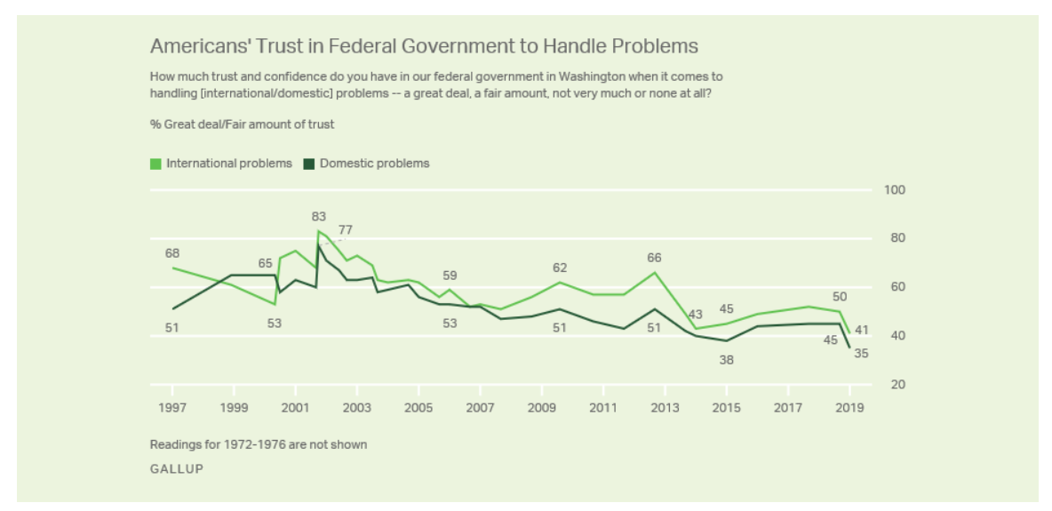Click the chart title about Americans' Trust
(x=424, y=46)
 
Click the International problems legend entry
(x=221, y=164)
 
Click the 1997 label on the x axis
(x=171, y=407)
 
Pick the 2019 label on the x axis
(x=849, y=407)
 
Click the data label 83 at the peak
(x=319, y=216)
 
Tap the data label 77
(x=346, y=230)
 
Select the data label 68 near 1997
(x=172, y=253)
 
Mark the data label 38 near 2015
(x=727, y=360)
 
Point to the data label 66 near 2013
(x=654, y=258)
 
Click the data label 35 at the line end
(x=861, y=354)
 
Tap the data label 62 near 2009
(x=560, y=267)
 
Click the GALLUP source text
(x=176, y=468)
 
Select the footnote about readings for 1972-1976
(x=258, y=444)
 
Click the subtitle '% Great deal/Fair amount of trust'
(x=242, y=124)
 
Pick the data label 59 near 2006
(x=450, y=275)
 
